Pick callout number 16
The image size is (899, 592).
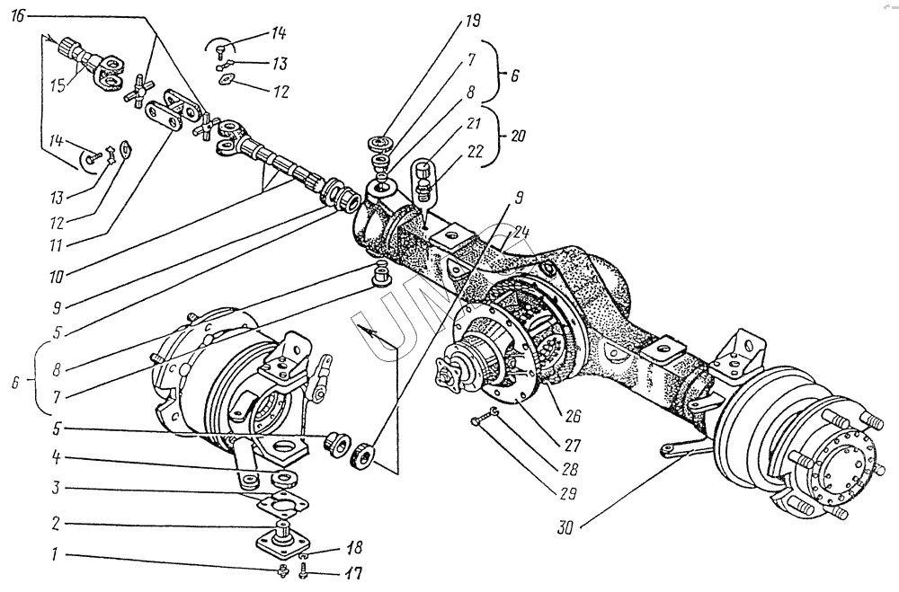click(x=21, y=17)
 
